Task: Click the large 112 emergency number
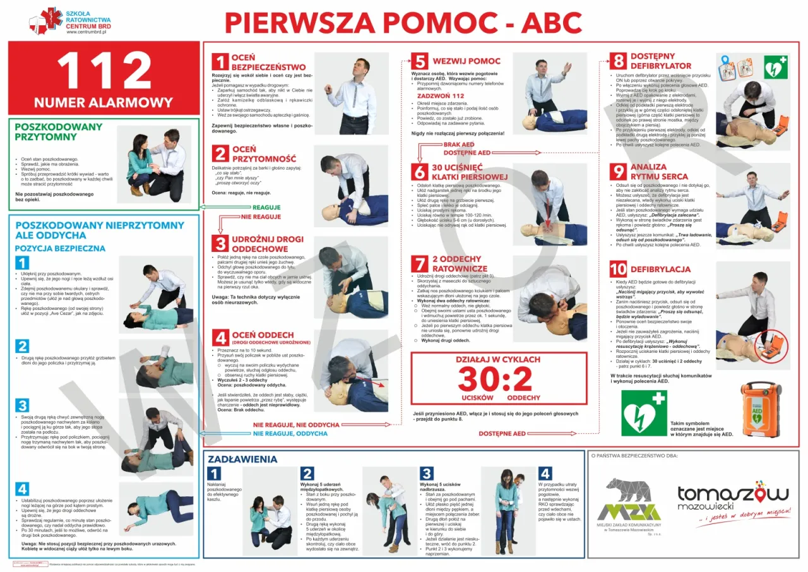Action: (x=104, y=70)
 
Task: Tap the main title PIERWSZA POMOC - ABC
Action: (x=403, y=23)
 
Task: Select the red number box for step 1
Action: (x=219, y=62)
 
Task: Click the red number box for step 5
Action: (x=420, y=61)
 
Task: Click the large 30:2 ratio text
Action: (x=499, y=379)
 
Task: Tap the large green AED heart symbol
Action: (x=644, y=413)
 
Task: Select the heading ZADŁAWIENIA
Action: (x=242, y=459)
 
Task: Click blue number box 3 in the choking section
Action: (x=427, y=474)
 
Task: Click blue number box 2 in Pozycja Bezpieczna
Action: (x=22, y=346)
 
